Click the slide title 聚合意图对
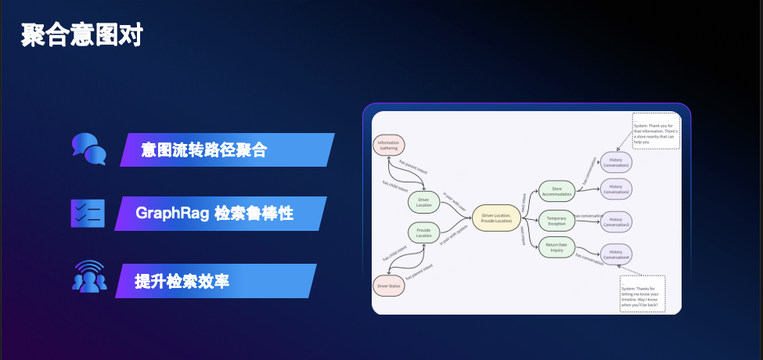tap(81, 35)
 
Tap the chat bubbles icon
tap(88, 149)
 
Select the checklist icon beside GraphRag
tap(88, 213)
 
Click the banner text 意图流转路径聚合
tap(203, 149)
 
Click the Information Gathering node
tap(388, 145)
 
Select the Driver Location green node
tap(423, 202)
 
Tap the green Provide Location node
tap(423, 232)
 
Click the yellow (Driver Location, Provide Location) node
tap(496, 217)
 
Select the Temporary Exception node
tap(556, 220)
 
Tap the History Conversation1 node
tap(616, 161)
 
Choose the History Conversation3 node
tap(616, 221)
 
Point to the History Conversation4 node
tap(616, 255)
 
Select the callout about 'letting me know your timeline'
tap(642, 293)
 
